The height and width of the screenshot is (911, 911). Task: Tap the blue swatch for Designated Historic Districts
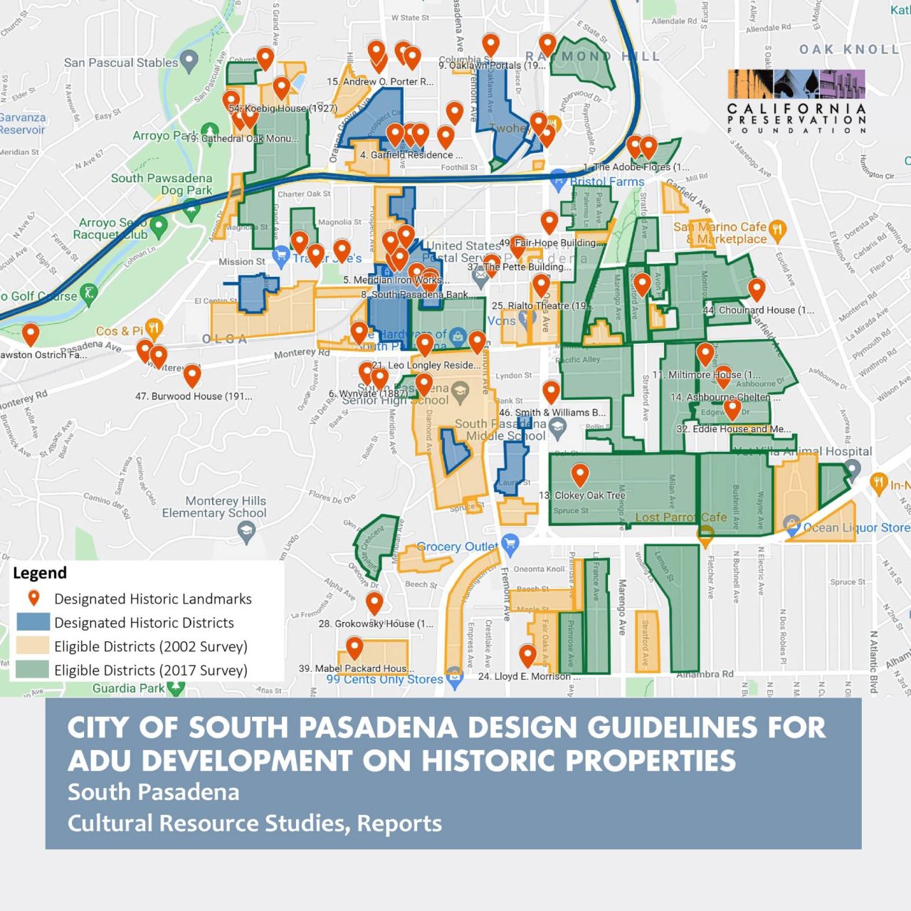point(33,622)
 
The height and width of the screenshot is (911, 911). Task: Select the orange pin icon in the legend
point(33,599)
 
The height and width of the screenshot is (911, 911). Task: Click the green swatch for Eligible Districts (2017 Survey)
point(33,670)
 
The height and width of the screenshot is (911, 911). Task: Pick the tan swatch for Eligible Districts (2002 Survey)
point(33,646)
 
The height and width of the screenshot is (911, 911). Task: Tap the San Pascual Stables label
point(121,63)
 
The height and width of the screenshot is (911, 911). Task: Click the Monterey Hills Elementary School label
point(214,507)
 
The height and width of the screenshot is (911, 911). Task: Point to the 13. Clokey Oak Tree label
point(582,495)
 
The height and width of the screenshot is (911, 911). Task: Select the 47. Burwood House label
point(194,396)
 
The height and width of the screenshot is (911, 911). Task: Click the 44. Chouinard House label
point(759,310)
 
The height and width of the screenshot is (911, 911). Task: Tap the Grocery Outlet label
point(458,547)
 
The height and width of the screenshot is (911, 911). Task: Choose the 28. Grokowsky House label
point(376,623)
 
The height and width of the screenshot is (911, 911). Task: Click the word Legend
point(40,573)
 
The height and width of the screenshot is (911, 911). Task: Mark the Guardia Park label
point(129,688)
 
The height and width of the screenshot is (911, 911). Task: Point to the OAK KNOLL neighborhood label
point(849,49)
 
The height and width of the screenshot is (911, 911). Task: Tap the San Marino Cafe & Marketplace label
point(721,233)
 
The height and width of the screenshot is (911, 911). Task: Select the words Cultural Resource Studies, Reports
point(255,823)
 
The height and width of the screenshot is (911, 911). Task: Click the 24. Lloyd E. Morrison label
point(529,676)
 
